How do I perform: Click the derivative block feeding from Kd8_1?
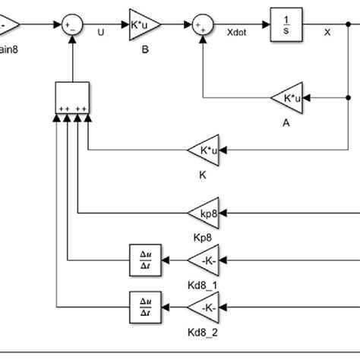(x=143, y=261)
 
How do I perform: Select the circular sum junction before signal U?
(x=73, y=26)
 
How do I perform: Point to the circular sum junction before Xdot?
(x=202, y=26)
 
